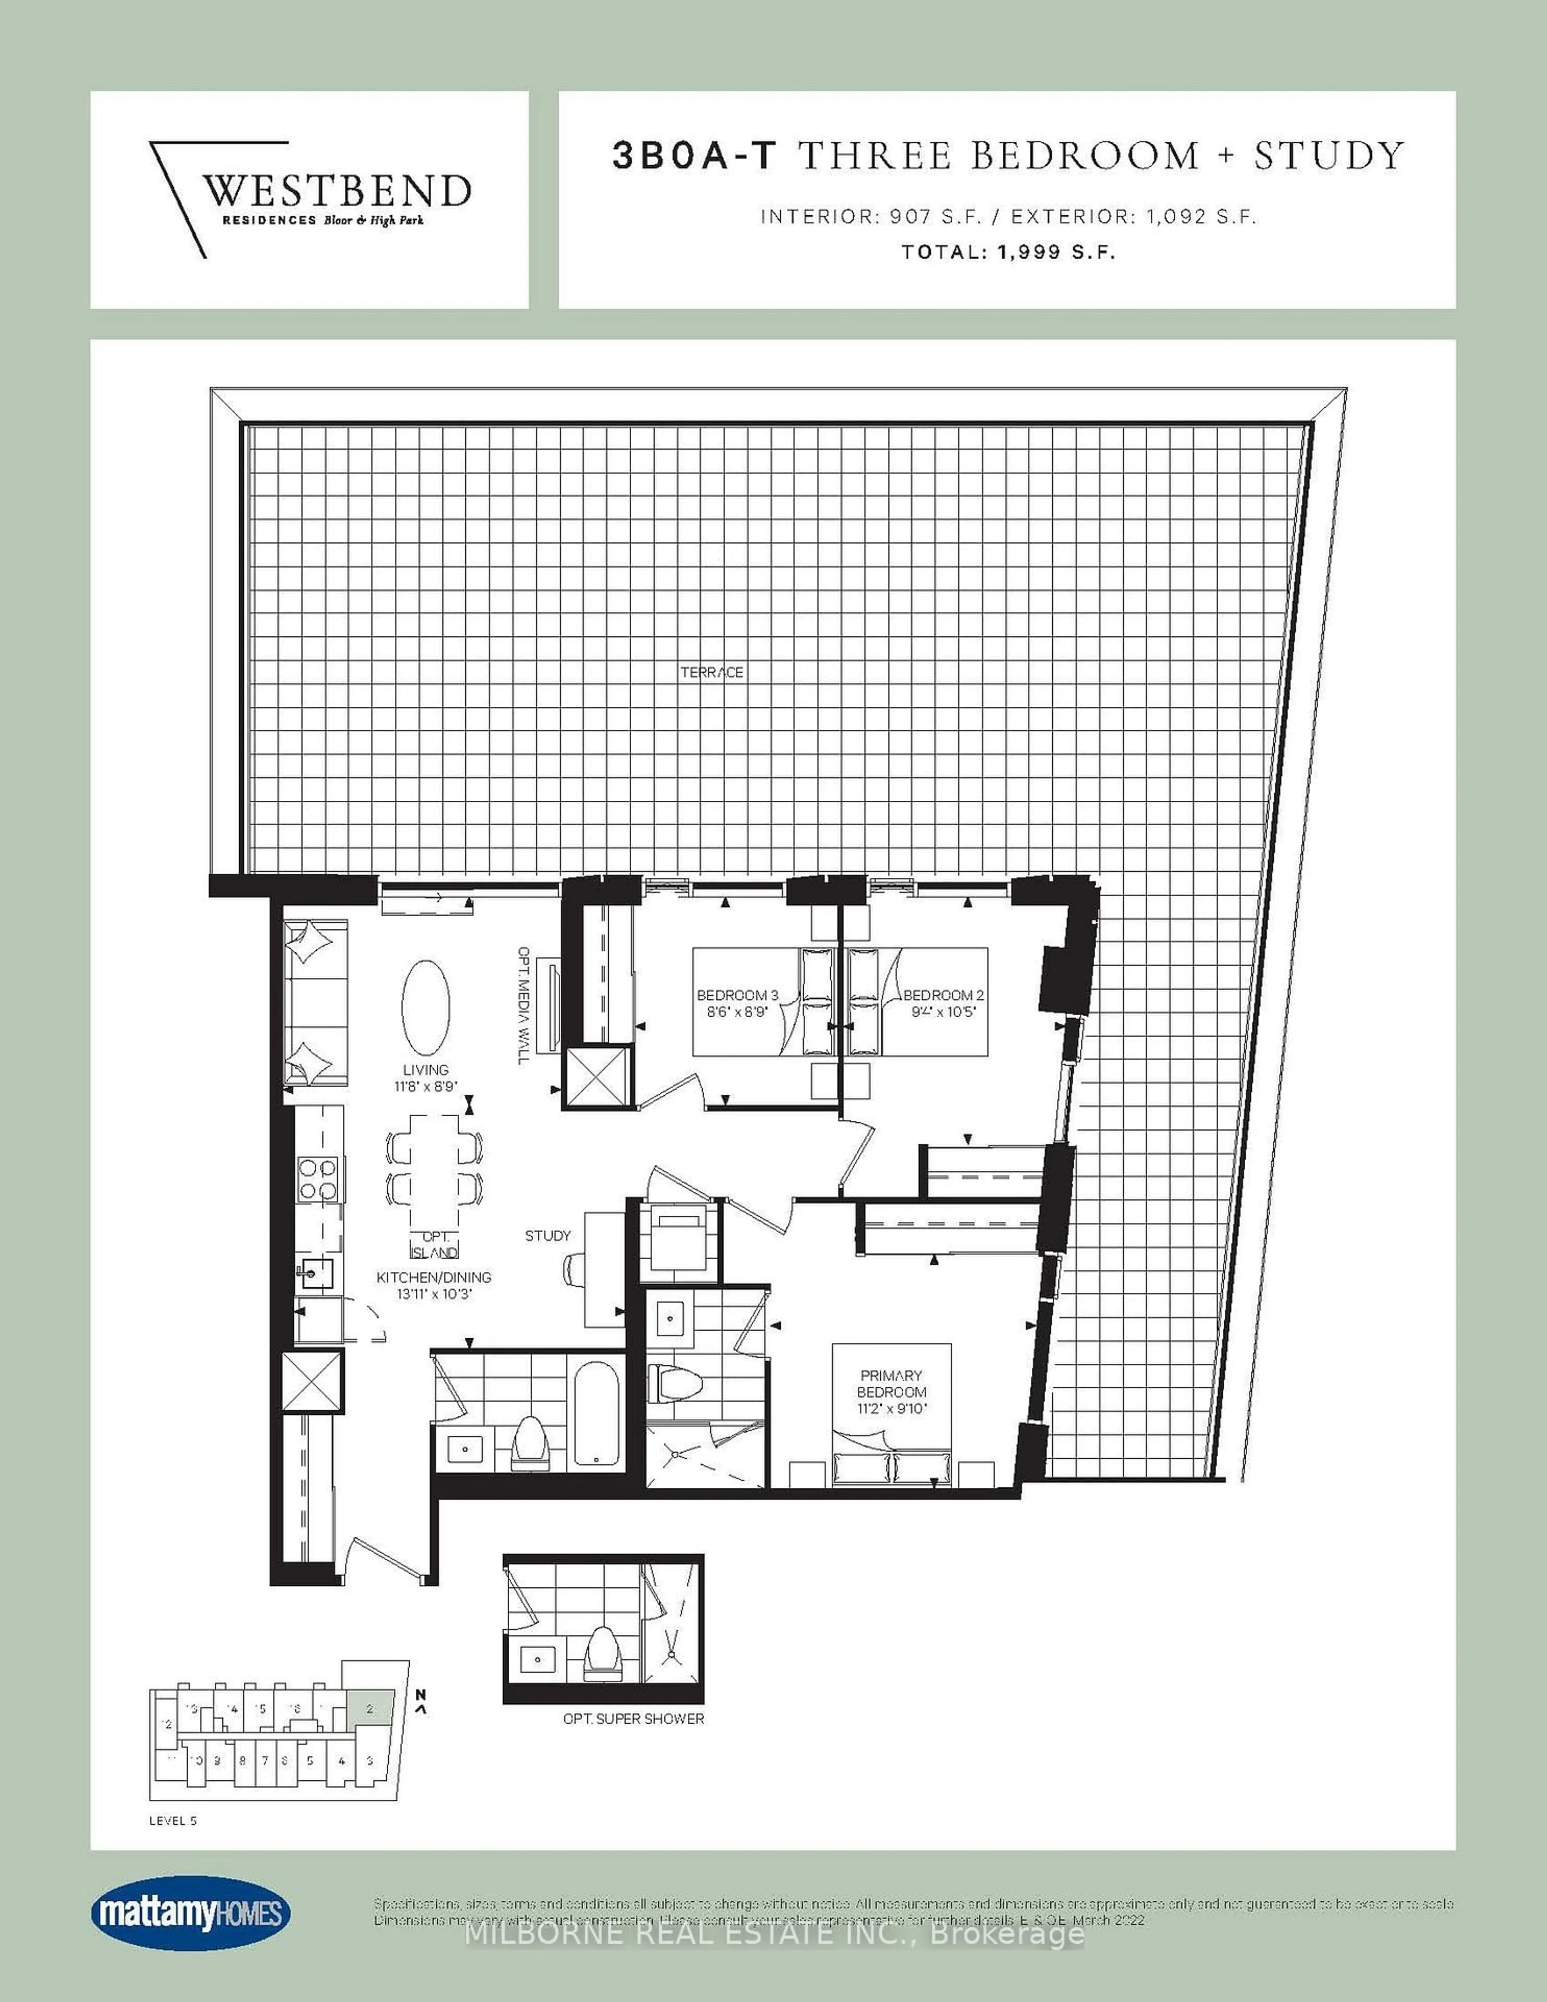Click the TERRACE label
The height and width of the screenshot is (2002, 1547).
[711, 672]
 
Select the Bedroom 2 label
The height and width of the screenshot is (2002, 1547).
[937, 995]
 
